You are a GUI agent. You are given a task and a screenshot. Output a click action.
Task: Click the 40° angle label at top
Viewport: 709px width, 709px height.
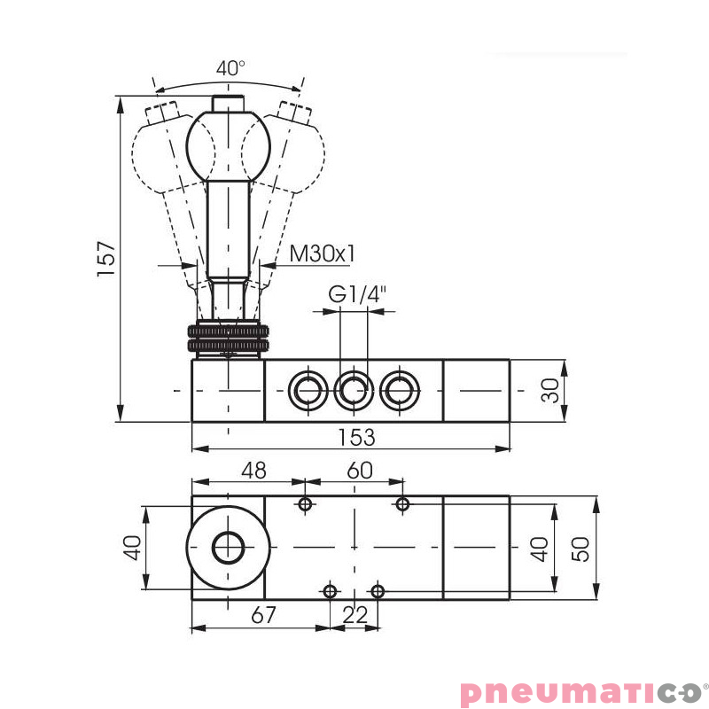point(230,67)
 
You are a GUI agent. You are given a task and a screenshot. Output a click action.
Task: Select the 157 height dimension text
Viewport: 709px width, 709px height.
point(106,259)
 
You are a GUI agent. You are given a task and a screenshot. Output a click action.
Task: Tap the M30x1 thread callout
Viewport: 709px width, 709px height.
point(323,253)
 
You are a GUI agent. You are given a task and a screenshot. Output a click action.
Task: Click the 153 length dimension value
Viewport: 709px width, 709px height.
point(356,437)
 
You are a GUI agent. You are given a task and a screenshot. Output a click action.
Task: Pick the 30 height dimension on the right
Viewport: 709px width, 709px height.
point(551,390)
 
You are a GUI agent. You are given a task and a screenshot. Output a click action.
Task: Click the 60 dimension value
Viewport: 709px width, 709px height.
point(359,470)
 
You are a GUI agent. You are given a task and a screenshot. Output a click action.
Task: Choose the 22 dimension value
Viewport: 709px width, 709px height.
point(354,615)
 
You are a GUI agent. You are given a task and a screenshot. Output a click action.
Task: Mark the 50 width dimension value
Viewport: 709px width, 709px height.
point(580,549)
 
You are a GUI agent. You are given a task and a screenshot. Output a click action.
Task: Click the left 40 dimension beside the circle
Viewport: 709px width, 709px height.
point(132,548)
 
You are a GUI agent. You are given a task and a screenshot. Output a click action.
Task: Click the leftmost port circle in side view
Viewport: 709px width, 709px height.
point(307,389)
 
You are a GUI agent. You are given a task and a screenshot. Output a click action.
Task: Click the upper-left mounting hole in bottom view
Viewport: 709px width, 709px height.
point(306,504)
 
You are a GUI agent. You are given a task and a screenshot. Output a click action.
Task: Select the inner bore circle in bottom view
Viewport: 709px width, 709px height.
point(228,549)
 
